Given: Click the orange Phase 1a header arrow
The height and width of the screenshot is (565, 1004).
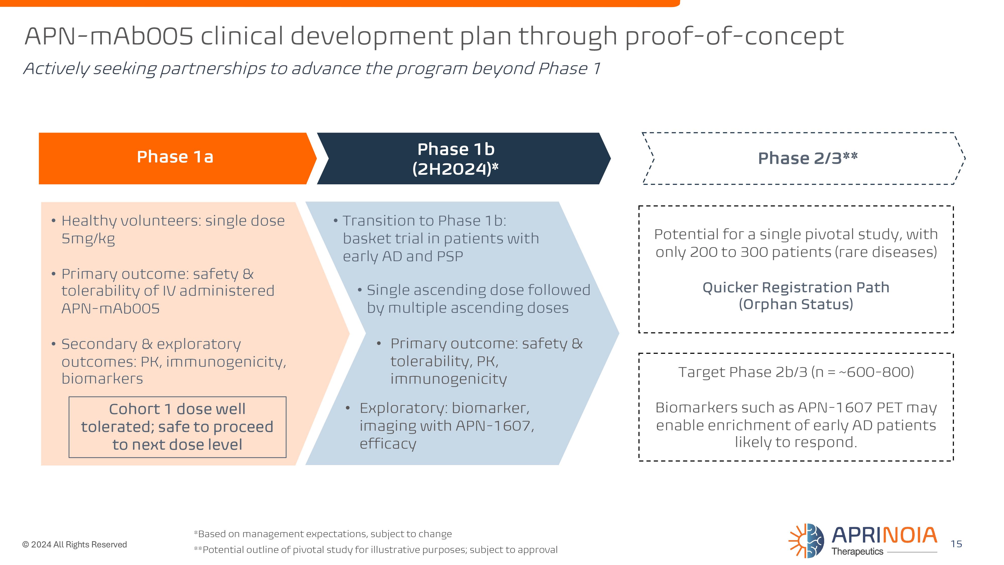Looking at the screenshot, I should (175, 158).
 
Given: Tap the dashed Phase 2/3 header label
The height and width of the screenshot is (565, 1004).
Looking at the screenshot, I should (807, 158).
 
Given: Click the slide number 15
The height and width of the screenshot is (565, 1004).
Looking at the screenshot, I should (956, 544).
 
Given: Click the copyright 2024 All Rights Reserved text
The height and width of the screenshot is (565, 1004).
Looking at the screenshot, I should (75, 544).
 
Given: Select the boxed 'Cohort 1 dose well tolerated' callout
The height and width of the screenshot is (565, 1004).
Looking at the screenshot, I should (177, 427).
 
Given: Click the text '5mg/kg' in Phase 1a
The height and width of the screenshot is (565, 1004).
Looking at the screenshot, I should (88, 239).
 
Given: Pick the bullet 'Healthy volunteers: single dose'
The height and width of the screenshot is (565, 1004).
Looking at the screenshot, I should (173, 221).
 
